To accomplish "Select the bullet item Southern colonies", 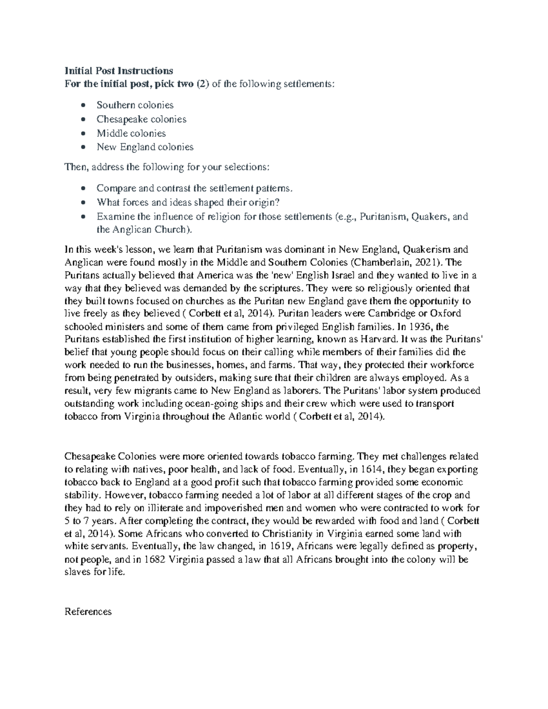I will (135, 105).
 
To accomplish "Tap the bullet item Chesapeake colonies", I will (141, 119).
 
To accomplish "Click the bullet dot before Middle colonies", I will (83, 134).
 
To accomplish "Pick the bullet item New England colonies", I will (145, 147).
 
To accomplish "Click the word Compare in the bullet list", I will (113, 188).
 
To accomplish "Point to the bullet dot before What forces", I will (83, 203).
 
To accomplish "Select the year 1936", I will (422, 327).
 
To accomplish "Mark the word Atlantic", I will (242, 417).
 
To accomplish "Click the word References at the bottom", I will (88, 612).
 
